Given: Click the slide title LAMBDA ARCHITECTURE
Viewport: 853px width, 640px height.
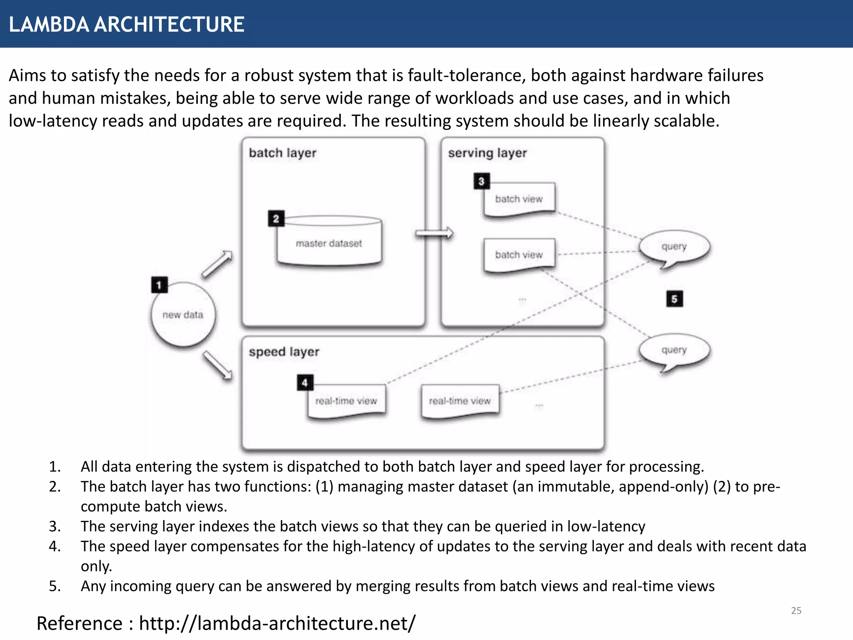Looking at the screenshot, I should (x=126, y=24).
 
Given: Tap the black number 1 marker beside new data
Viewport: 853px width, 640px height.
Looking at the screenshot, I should (x=159, y=285).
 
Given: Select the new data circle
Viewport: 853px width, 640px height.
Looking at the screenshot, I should (x=183, y=315).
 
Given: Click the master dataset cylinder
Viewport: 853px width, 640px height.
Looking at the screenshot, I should (x=329, y=242).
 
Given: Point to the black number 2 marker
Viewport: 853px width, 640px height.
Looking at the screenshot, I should (x=276, y=218).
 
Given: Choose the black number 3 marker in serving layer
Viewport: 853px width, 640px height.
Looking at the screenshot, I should (x=481, y=181).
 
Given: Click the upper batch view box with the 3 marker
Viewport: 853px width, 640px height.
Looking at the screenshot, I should (x=519, y=199).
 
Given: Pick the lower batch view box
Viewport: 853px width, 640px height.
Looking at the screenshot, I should (x=519, y=255).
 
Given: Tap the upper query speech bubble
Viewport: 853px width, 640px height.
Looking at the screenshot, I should (x=674, y=247).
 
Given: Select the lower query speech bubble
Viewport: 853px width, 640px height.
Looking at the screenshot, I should (x=674, y=350).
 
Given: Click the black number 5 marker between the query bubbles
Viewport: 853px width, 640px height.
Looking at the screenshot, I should (x=674, y=299).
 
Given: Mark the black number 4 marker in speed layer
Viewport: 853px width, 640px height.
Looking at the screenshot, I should (x=305, y=382).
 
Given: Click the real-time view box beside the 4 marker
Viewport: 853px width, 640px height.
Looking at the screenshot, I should (x=346, y=401).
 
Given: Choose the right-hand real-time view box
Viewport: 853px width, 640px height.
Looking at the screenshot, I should (x=460, y=401).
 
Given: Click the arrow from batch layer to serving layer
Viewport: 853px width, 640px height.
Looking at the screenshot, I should (x=434, y=233).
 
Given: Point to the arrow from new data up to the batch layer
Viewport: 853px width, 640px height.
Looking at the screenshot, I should (x=217, y=264).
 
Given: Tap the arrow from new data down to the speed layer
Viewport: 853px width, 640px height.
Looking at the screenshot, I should (x=217, y=365).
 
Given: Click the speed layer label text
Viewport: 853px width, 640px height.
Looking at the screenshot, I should (x=284, y=352).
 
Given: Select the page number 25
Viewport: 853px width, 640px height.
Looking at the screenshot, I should (x=796, y=610).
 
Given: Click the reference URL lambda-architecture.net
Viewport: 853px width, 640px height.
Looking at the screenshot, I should (x=277, y=623).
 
